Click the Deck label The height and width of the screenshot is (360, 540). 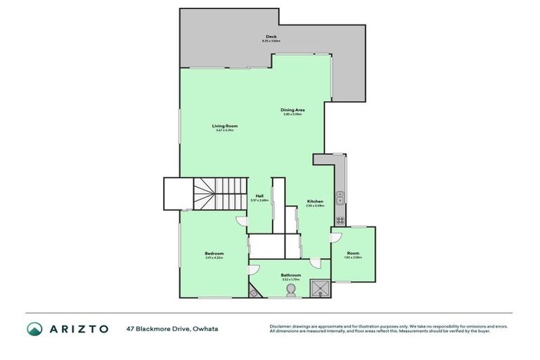point(271,37)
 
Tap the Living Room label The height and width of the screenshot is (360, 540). point(225,126)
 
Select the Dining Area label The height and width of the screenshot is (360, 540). point(292,110)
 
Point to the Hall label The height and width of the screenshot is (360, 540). point(259,196)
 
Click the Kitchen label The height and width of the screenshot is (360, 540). point(315,202)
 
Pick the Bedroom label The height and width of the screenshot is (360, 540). point(214,253)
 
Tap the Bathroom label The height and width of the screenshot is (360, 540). point(291,275)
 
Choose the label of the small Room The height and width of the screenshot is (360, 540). point(353,253)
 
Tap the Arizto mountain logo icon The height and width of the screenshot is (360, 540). point(34,328)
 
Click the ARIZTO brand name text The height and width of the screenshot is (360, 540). point(79,328)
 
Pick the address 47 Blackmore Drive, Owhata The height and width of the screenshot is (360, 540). point(172,328)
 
